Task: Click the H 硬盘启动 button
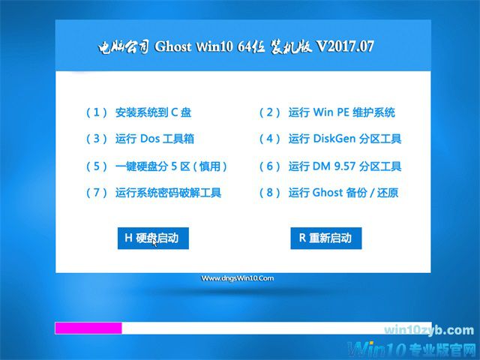pyautogui.click(x=152, y=238)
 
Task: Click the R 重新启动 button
pyautogui.click(x=325, y=238)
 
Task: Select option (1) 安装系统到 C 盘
pyautogui.click(x=139, y=112)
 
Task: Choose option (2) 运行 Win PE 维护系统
pyautogui.click(x=327, y=112)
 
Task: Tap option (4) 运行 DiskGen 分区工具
pyautogui.click(x=330, y=139)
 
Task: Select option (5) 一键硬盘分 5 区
pyautogui.click(x=157, y=166)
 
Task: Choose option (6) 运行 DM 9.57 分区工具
pyautogui.click(x=330, y=166)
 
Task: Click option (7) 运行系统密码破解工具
pyautogui.click(x=154, y=193)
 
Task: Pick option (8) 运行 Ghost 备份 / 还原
pyautogui.click(x=328, y=193)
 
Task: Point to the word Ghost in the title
pyautogui.click(x=172, y=46)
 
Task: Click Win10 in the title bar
pyautogui.click(x=217, y=46)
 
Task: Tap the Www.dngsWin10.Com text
pyautogui.click(x=238, y=278)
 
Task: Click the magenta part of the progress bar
pyautogui.click(x=88, y=328)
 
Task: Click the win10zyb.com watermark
pyautogui.click(x=428, y=330)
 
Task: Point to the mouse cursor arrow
pyautogui.click(x=154, y=242)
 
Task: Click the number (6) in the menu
pyautogui.click(x=269, y=166)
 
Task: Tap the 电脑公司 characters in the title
pyautogui.click(x=124, y=46)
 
